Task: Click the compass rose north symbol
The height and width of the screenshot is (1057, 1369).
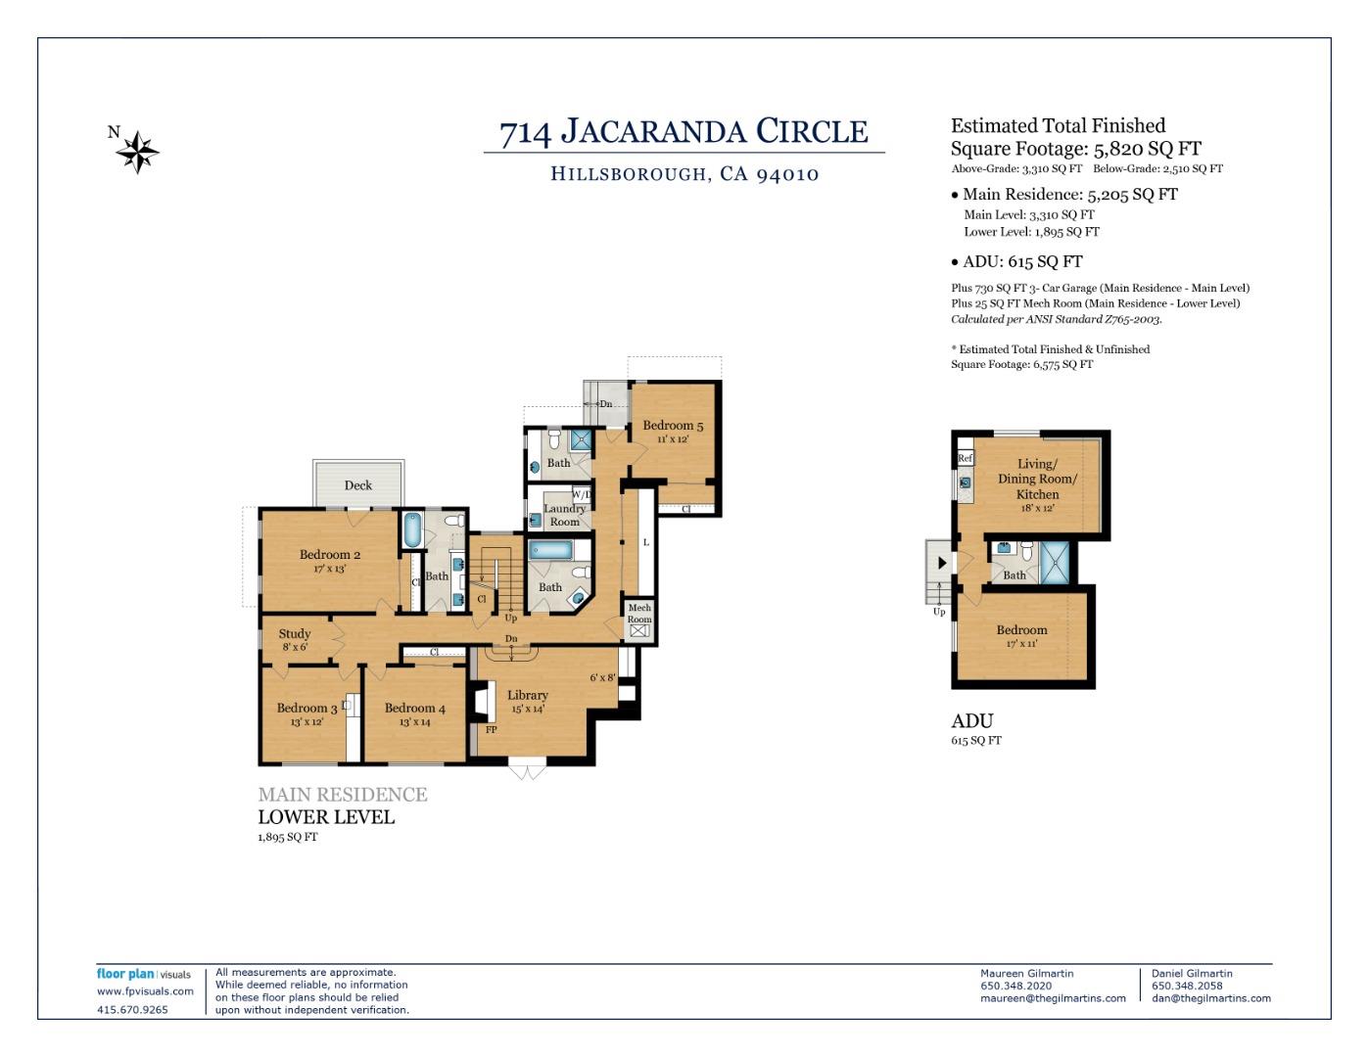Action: pyautogui.click(x=137, y=152)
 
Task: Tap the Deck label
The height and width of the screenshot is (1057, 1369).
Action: pyautogui.click(x=358, y=485)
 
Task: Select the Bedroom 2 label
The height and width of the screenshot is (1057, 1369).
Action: pyautogui.click(x=330, y=555)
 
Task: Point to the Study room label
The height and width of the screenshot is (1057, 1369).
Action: pyautogui.click(x=294, y=634)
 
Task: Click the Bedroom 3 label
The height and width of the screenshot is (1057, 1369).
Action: pyautogui.click(x=307, y=709)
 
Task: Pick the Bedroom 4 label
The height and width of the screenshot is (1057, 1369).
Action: pyautogui.click(x=414, y=709)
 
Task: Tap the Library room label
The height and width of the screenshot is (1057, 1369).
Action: pyautogui.click(x=527, y=696)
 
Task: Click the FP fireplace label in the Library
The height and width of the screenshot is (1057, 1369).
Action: pyautogui.click(x=492, y=730)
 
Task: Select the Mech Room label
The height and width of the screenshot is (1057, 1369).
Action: pyautogui.click(x=639, y=614)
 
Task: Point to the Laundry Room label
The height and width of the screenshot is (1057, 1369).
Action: pyautogui.click(x=564, y=515)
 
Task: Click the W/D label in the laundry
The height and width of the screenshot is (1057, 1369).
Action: pyautogui.click(x=581, y=495)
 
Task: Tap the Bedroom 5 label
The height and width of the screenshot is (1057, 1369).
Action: pyautogui.click(x=673, y=426)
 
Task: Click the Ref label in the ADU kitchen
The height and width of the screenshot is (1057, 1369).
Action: pyautogui.click(x=965, y=458)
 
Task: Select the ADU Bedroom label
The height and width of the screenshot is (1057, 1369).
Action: pyautogui.click(x=1021, y=631)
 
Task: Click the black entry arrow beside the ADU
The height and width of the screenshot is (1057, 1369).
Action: pyautogui.click(x=941, y=563)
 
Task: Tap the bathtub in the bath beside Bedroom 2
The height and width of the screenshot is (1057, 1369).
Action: pyautogui.click(x=412, y=530)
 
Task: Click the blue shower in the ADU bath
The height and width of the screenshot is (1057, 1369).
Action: pyautogui.click(x=1055, y=563)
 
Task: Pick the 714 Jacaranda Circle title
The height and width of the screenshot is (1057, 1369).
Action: pyautogui.click(x=684, y=132)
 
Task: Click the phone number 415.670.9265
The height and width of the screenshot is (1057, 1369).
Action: pyautogui.click(x=132, y=1010)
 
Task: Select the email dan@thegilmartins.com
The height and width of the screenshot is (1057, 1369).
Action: pyautogui.click(x=1211, y=998)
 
